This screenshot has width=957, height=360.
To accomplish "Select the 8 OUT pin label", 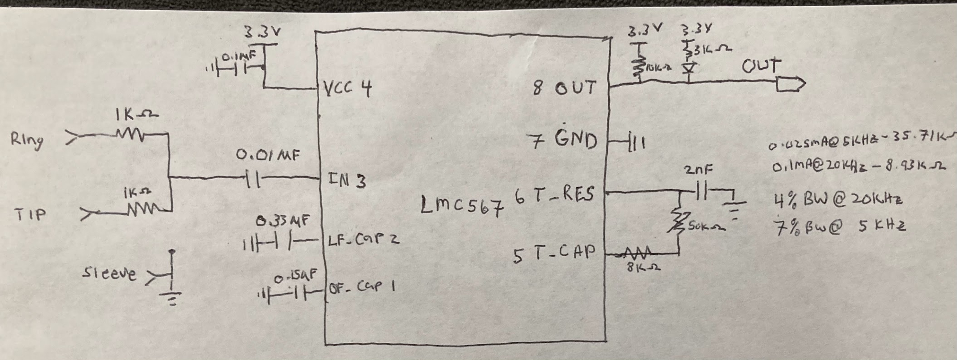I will click(x=565, y=88).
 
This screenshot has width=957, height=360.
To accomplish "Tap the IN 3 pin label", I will click(x=347, y=180).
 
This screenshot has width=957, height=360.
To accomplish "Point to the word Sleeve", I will click(x=109, y=273).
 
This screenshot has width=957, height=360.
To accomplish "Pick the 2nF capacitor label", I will click(x=699, y=169).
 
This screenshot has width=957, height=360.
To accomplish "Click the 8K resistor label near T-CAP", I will click(x=644, y=268).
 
